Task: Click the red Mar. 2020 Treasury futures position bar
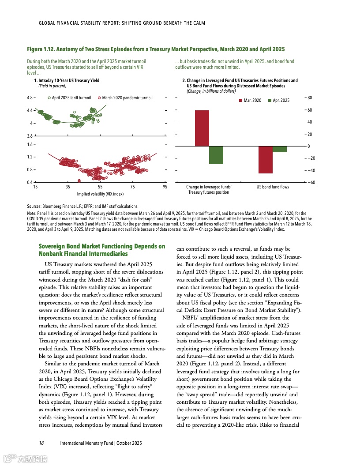pyautogui.click(x=202, y=128)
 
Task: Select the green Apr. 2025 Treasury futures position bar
pyautogui.click(x=216, y=155)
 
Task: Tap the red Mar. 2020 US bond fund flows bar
pyautogui.click(x=266, y=160)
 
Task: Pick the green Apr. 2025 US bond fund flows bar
pyautogui.click(x=280, y=149)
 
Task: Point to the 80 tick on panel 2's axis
pyautogui.click(x=310, y=98)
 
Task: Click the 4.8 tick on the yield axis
pyautogui.click(x=30, y=98)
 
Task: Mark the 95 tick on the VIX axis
pyautogui.click(x=165, y=187)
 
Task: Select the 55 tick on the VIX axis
pyautogui.click(x=100, y=187)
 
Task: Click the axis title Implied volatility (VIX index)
pyautogui.click(x=100, y=194)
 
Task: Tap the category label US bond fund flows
pyautogui.click(x=273, y=187)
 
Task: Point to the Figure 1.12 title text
pyautogui.click(x=156, y=49)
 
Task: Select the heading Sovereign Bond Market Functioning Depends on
pyautogui.click(x=102, y=246)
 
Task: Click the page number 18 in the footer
pyautogui.click(x=41, y=443)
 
